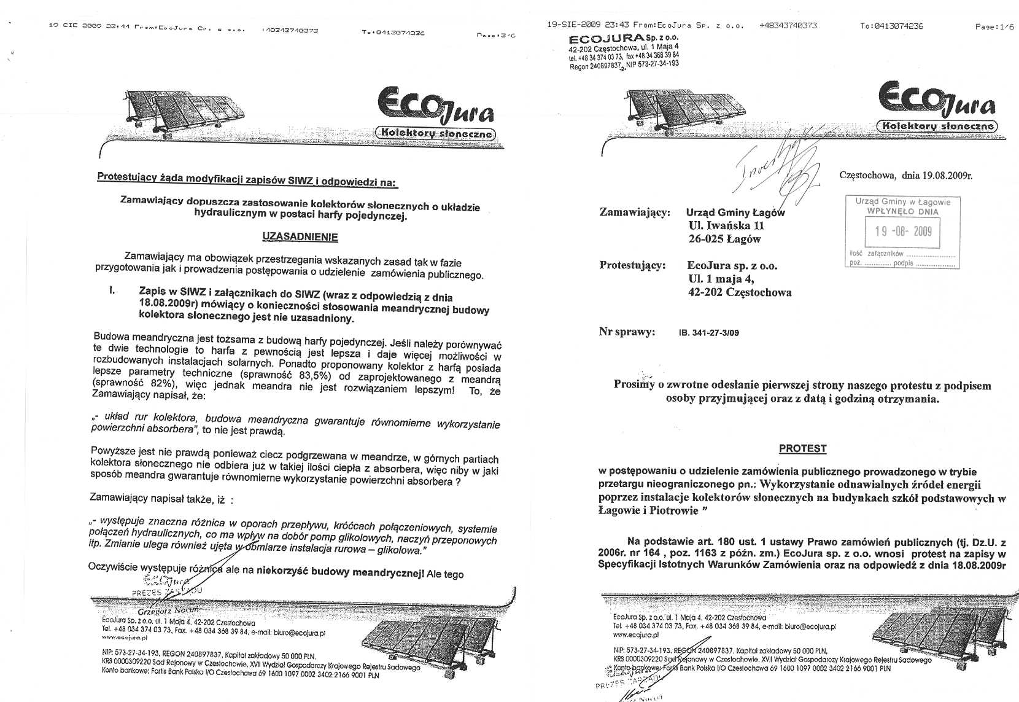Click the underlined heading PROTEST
click(802, 448)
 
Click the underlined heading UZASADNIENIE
click(300, 236)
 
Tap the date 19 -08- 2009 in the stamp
click(903, 231)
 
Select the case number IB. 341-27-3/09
click(709, 333)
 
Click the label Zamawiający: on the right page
click(635, 213)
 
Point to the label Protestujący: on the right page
click(632, 266)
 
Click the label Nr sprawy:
click(627, 332)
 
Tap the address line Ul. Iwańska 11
click(726, 226)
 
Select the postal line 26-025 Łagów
click(724, 239)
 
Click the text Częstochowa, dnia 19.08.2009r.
click(905, 176)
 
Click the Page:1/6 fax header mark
click(994, 26)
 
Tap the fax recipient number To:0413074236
click(891, 26)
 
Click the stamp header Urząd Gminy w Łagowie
click(902, 201)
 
